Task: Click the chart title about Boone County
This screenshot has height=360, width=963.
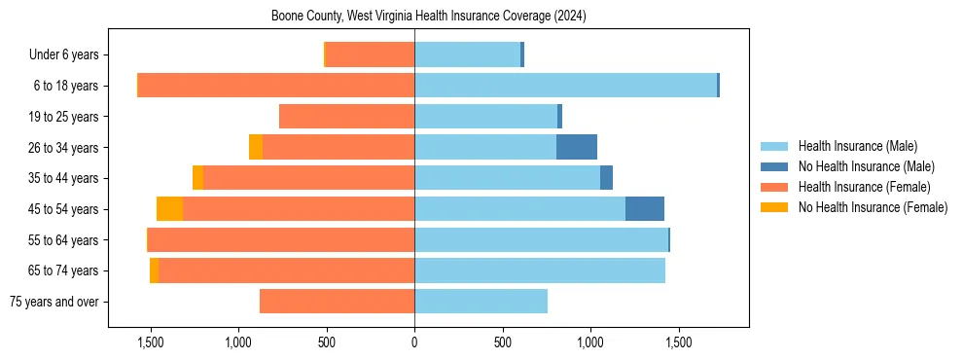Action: (x=428, y=17)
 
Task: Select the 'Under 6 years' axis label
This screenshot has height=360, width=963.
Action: (x=70, y=55)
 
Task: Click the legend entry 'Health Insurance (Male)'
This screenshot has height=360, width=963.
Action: (x=857, y=146)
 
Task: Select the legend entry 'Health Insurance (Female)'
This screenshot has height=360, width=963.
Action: (x=864, y=187)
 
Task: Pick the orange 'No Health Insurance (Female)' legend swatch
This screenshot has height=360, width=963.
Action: (x=774, y=207)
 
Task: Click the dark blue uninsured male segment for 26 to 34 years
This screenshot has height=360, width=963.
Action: (x=576, y=147)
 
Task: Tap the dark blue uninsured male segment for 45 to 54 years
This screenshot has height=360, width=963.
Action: (x=644, y=209)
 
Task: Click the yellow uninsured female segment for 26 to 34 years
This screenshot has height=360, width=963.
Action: (x=256, y=147)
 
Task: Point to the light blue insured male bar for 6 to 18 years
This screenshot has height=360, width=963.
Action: (x=564, y=86)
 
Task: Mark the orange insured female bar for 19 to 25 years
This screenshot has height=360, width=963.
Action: (x=346, y=117)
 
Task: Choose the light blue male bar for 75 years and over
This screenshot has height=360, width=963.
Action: (x=481, y=302)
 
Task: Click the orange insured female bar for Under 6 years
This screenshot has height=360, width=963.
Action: (x=370, y=55)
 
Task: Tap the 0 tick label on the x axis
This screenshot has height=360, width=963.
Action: (x=414, y=342)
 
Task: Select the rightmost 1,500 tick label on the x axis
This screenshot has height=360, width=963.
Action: (x=678, y=342)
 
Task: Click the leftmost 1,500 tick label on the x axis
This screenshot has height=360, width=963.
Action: (x=151, y=342)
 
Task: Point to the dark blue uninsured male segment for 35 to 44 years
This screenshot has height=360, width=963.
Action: (x=606, y=178)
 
